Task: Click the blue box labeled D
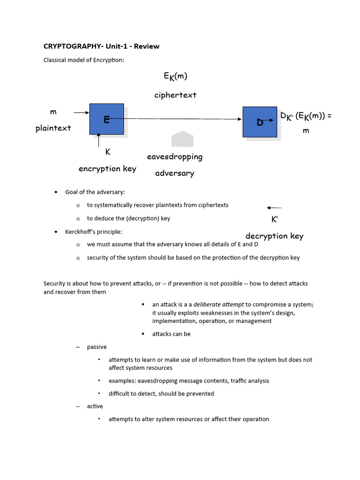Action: click(x=260, y=122)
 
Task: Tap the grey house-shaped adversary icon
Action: click(x=182, y=139)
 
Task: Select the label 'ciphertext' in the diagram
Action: click(x=175, y=95)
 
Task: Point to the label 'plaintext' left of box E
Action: click(x=53, y=128)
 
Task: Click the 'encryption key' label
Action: click(x=107, y=169)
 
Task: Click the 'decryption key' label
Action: click(x=274, y=236)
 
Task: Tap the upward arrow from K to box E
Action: click(x=98, y=139)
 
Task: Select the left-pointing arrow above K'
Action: click(x=274, y=208)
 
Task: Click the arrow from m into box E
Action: click(x=81, y=112)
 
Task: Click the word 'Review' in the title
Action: click(x=147, y=46)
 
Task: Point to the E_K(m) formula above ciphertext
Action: click(x=175, y=76)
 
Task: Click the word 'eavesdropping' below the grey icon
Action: click(x=175, y=157)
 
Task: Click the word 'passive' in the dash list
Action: click(x=97, y=347)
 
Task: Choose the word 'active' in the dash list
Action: click(x=95, y=406)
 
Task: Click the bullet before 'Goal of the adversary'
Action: click(x=56, y=192)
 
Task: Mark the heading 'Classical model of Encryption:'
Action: click(x=83, y=60)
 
